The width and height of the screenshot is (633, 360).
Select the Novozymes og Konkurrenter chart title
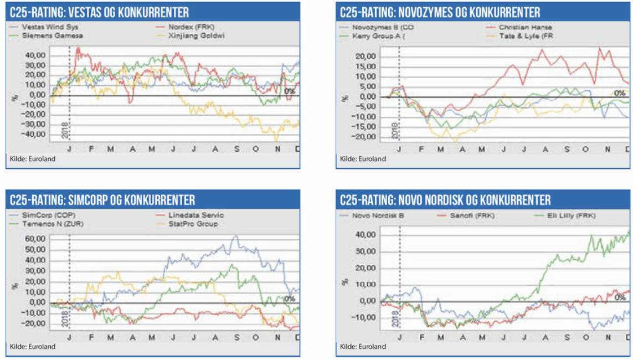pyautogui.click(x=440, y=12)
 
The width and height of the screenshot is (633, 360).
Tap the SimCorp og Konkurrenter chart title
pyautogui.click(x=102, y=199)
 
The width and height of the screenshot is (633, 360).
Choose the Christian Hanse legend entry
pyautogui.click(x=525, y=27)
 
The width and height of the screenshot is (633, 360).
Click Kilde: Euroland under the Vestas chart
pyautogui.click(x=33, y=159)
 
